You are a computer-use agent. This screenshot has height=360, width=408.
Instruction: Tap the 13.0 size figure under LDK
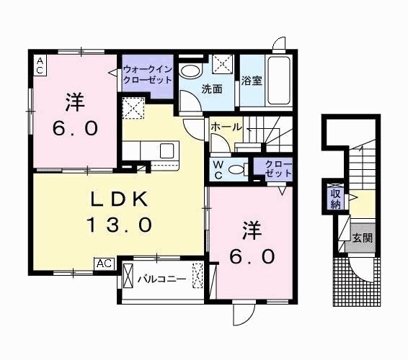pyautogui.click(x=120, y=225)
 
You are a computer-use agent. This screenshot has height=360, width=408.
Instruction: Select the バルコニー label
pyautogui.click(x=162, y=278)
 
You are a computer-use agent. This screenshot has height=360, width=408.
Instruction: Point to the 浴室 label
pyautogui.click(x=252, y=81)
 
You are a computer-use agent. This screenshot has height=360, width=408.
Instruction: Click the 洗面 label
pyautogui.click(x=211, y=90)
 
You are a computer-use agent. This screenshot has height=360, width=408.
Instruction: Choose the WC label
pyautogui.click(x=217, y=168)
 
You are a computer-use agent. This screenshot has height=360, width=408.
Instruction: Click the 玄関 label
pyautogui.click(x=362, y=238)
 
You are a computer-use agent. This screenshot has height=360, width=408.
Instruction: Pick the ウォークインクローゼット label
pyautogui.click(x=147, y=75)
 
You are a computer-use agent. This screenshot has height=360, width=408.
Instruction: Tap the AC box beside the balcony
pyautogui.click(x=105, y=264)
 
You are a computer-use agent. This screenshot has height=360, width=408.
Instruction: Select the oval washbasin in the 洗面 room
pyautogui.click(x=190, y=71)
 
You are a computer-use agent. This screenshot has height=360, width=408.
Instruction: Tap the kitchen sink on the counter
pyautogui.click(x=167, y=151)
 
